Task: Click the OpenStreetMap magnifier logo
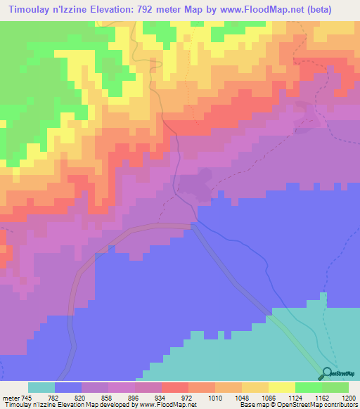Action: [x=327, y=373]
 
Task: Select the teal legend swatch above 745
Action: [x=41, y=387]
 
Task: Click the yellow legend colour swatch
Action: [x=282, y=387]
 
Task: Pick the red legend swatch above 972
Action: [x=175, y=387]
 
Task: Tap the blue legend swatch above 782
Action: [x=68, y=387]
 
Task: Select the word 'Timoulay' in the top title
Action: [x=28, y=9]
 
